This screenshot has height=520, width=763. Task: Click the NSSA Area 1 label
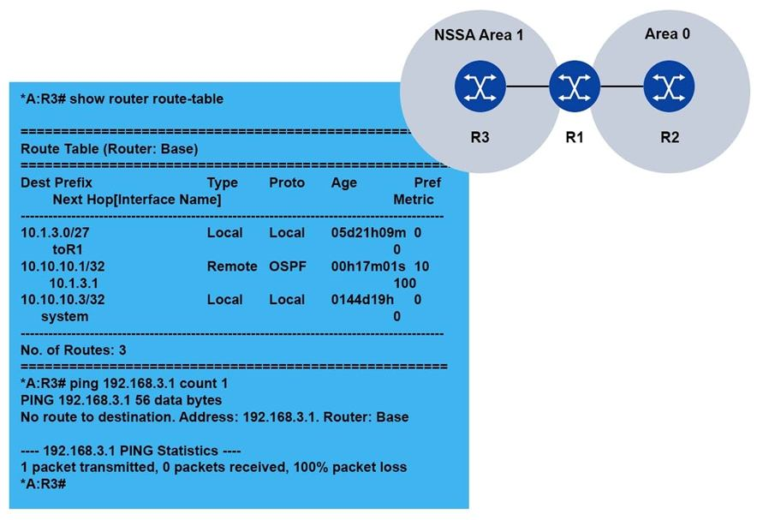[x=478, y=36]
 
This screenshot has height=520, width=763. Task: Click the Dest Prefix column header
[x=57, y=182]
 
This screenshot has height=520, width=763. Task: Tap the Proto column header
[x=287, y=182]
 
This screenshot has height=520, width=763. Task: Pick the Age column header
[x=344, y=182]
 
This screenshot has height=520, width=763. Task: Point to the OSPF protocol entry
[x=287, y=266]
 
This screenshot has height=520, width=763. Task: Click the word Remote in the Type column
[x=231, y=266]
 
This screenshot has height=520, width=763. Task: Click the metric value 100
[x=404, y=283]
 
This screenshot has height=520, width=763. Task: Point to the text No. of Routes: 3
[x=73, y=350]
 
